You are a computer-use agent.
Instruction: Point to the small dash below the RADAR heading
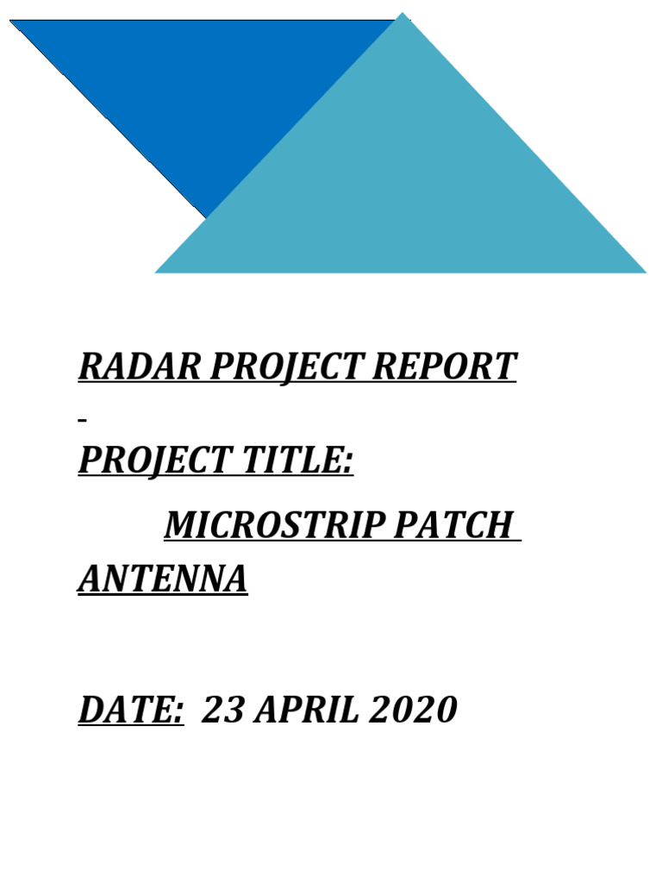82,420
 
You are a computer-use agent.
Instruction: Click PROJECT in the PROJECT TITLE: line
151,461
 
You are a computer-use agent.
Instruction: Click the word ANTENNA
163,579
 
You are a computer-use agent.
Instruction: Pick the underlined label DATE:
130,710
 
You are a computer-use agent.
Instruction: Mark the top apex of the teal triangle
403,15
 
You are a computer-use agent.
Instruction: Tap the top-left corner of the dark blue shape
12,21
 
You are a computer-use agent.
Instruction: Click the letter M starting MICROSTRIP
178,525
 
